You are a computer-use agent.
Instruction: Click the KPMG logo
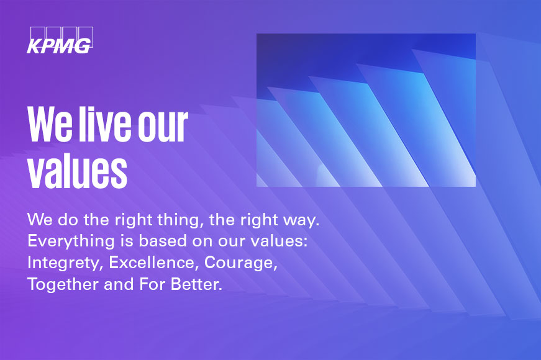pos(60,40)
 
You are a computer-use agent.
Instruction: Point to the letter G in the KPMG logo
pos(83,46)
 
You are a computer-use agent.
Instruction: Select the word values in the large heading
pos(77,171)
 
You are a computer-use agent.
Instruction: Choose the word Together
pos(63,284)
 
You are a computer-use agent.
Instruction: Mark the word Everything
pos(71,241)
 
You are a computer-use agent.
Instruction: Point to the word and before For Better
pos(119,284)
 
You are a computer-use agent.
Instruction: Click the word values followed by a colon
pos(279,241)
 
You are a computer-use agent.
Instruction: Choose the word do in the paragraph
pos(68,220)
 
